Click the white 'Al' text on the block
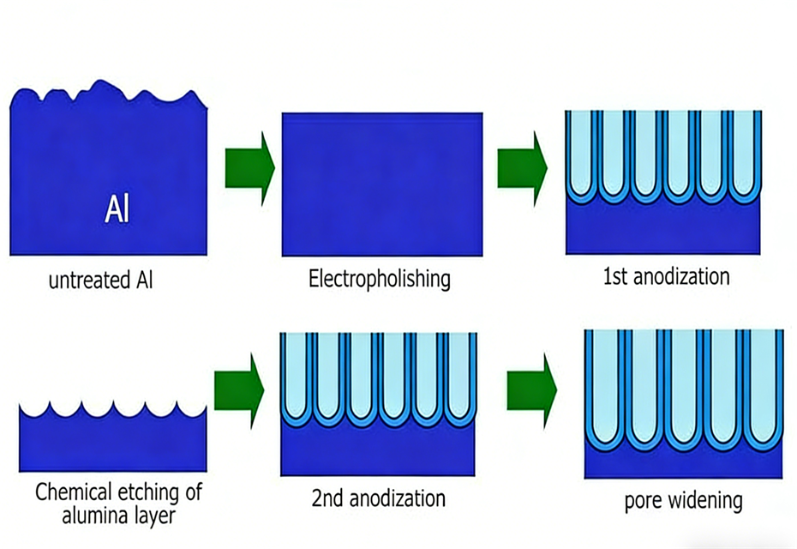click(x=117, y=209)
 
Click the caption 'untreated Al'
click(x=101, y=281)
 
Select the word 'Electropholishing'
click(x=380, y=280)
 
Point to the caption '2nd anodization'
click(x=377, y=498)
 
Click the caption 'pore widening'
click(x=683, y=500)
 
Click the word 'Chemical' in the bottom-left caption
click(x=73, y=493)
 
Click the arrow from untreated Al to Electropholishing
click(x=249, y=166)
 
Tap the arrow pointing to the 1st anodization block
click(x=522, y=166)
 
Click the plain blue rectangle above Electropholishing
click(x=382, y=184)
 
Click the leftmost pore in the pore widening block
click(x=604, y=382)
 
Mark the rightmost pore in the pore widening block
click(x=763, y=382)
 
